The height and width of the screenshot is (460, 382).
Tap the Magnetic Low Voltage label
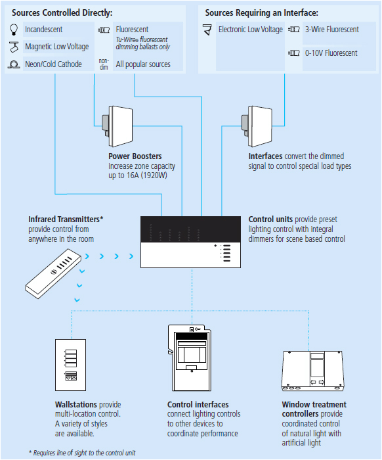[56, 47]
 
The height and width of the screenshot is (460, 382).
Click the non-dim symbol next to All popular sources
[104, 64]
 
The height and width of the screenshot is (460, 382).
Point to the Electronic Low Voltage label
[251, 30]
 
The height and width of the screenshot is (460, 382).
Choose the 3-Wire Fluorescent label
[331, 30]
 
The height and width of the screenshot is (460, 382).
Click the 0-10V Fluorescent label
[331, 53]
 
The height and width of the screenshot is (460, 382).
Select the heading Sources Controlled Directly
[62, 12]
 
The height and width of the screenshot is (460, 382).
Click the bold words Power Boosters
[135, 156]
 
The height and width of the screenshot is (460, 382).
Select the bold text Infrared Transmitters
[65, 219]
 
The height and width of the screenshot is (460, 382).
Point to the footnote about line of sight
[82, 453]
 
